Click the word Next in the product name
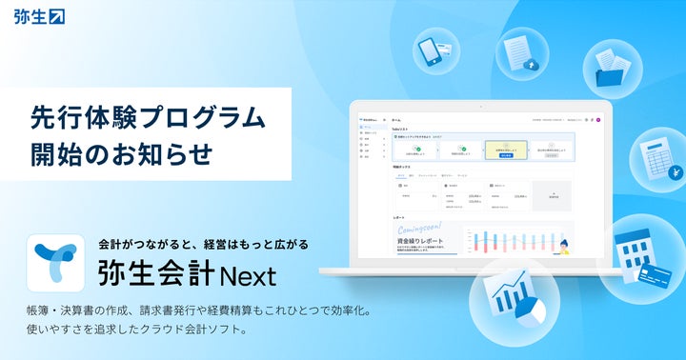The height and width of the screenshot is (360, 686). point(247,276)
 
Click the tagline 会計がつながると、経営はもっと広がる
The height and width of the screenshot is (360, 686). point(204,245)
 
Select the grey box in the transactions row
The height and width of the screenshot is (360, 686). point(555,196)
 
